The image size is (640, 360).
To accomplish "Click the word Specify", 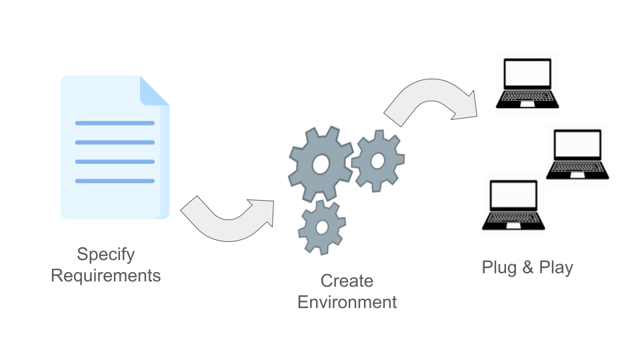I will tap(106, 254).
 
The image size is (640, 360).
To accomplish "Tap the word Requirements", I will tap(106, 275).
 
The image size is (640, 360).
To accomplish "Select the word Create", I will tap(347, 281).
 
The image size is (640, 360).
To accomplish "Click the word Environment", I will tap(347, 302).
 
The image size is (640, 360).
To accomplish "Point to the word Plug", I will tap(498, 268).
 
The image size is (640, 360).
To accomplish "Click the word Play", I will tap(556, 268).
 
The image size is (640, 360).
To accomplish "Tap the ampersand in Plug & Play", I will tap(527, 268).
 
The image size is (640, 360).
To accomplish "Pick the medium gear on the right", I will tap(377, 161).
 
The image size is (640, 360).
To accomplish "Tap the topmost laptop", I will tap(527, 83).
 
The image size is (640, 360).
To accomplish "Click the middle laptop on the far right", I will tap(577, 154).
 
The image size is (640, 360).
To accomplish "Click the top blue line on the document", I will tap(115, 123).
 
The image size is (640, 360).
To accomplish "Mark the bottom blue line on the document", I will tap(115, 181).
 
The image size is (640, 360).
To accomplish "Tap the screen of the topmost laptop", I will tap(527, 73).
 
